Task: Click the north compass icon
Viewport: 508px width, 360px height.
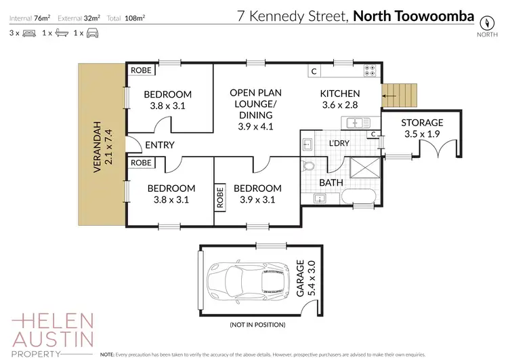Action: [x=484, y=20]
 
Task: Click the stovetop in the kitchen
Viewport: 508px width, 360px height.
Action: [x=370, y=70]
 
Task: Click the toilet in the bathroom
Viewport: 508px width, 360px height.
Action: [x=309, y=167]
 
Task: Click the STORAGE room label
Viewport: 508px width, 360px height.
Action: [x=422, y=123]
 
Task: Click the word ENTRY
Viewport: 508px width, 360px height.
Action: [x=160, y=144]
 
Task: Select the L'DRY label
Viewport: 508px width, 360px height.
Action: [x=339, y=144]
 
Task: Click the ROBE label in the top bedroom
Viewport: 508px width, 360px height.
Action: [x=141, y=70]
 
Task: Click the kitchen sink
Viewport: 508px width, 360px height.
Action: [x=355, y=123]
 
